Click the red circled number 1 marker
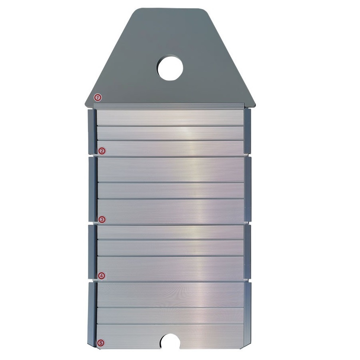[x=98, y=98]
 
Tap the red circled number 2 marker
[x=102, y=151]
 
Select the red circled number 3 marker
[x=102, y=220]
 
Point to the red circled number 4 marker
[x=102, y=276]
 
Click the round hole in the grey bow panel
[x=170, y=68]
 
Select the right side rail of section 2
[x=247, y=130]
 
